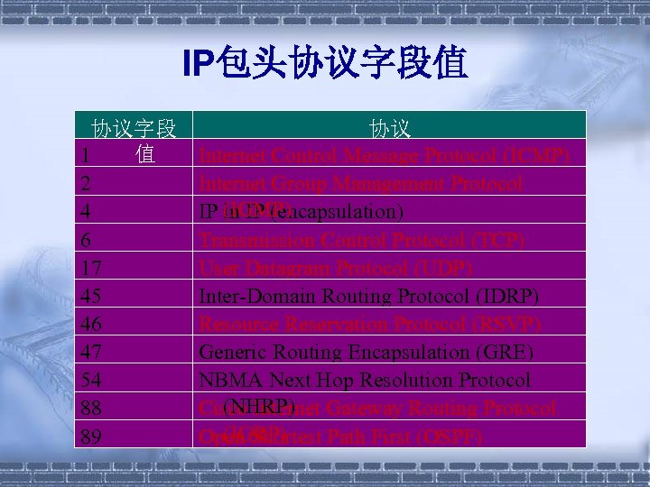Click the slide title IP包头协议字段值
[324, 64]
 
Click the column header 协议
[390, 128]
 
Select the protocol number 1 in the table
[84, 156]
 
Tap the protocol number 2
[84, 184]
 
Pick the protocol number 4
[84, 213]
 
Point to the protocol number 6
[84, 241]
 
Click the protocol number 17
[88, 269]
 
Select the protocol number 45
[88, 297]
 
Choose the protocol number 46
[88, 325]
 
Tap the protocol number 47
[88, 353]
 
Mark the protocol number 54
[88, 381]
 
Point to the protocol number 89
[88, 437]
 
